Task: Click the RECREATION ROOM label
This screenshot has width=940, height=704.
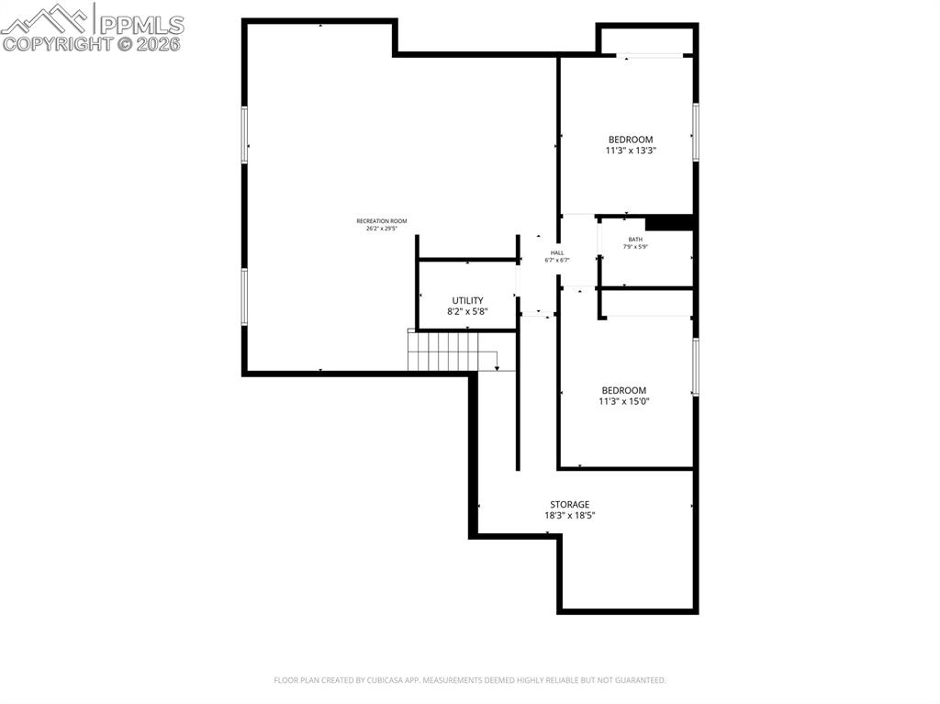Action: [381, 221]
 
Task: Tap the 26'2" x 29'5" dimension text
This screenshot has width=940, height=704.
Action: [381, 229]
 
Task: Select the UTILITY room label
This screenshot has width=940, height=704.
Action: [467, 301]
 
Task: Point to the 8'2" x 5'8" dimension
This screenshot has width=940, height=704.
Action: [467, 312]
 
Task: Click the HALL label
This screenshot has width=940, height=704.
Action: [557, 252]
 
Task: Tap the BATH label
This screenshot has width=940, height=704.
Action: [635, 240]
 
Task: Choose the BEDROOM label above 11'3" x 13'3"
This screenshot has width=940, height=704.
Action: [631, 140]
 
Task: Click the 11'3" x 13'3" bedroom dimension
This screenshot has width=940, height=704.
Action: [631, 151]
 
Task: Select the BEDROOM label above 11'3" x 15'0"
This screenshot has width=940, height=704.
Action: [623, 390]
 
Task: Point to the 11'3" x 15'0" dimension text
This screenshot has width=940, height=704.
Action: [623, 401]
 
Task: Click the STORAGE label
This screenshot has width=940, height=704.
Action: [569, 505]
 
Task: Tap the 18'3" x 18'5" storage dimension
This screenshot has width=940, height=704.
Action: [569, 516]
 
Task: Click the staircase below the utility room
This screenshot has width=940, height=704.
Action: [450, 352]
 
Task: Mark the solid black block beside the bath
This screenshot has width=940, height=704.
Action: [668, 223]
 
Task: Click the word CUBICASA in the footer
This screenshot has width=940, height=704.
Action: [375, 680]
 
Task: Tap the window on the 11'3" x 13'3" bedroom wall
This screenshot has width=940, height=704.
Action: [696, 131]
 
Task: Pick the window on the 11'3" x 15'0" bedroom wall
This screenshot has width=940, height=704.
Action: [696, 367]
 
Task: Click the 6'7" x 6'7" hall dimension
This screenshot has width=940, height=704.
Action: [557, 261]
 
